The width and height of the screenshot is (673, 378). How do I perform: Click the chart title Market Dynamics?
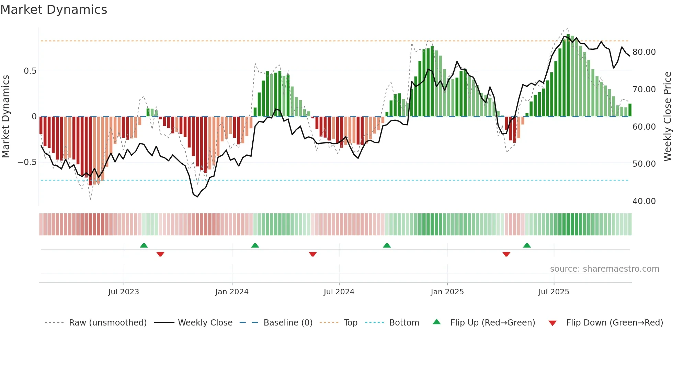click(x=54, y=10)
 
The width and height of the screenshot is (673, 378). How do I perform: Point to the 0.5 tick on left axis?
click(x=30, y=71)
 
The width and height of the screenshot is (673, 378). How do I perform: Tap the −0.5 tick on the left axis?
click(x=27, y=162)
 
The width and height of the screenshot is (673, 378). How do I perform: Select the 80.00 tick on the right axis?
click(x=644, y=52)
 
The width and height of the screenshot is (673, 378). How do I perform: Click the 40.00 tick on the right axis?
click(x=644, y=201)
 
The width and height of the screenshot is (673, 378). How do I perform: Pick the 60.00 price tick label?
click(x=644, y=127)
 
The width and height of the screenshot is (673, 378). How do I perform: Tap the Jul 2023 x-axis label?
click(x=124, y=292)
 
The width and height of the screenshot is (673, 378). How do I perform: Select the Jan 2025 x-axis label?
click(x=447, y=292)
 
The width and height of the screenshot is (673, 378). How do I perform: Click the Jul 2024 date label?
click(x=339, y=292)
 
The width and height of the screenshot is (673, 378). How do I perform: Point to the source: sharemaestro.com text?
click(x=604, y=269)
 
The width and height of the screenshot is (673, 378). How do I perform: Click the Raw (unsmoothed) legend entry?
click(x=107, y=323)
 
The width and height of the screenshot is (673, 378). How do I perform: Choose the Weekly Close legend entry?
click(x=205, y=323)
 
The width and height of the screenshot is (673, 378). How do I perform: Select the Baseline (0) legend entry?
click(x=288, y=323)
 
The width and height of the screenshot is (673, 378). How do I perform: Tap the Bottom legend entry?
click(x=404, y=323)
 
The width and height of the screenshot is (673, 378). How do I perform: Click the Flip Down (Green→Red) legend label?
click(x=614, y=323)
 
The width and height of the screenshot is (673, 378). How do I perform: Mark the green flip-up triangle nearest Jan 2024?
click(x=255, y=246)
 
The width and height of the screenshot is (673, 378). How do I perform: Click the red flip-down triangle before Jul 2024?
click(x=312, y=254)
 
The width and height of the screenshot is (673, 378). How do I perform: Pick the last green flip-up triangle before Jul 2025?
click(x=527, y=246)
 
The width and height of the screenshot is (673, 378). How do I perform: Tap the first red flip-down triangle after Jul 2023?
click(x=160, y=254)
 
